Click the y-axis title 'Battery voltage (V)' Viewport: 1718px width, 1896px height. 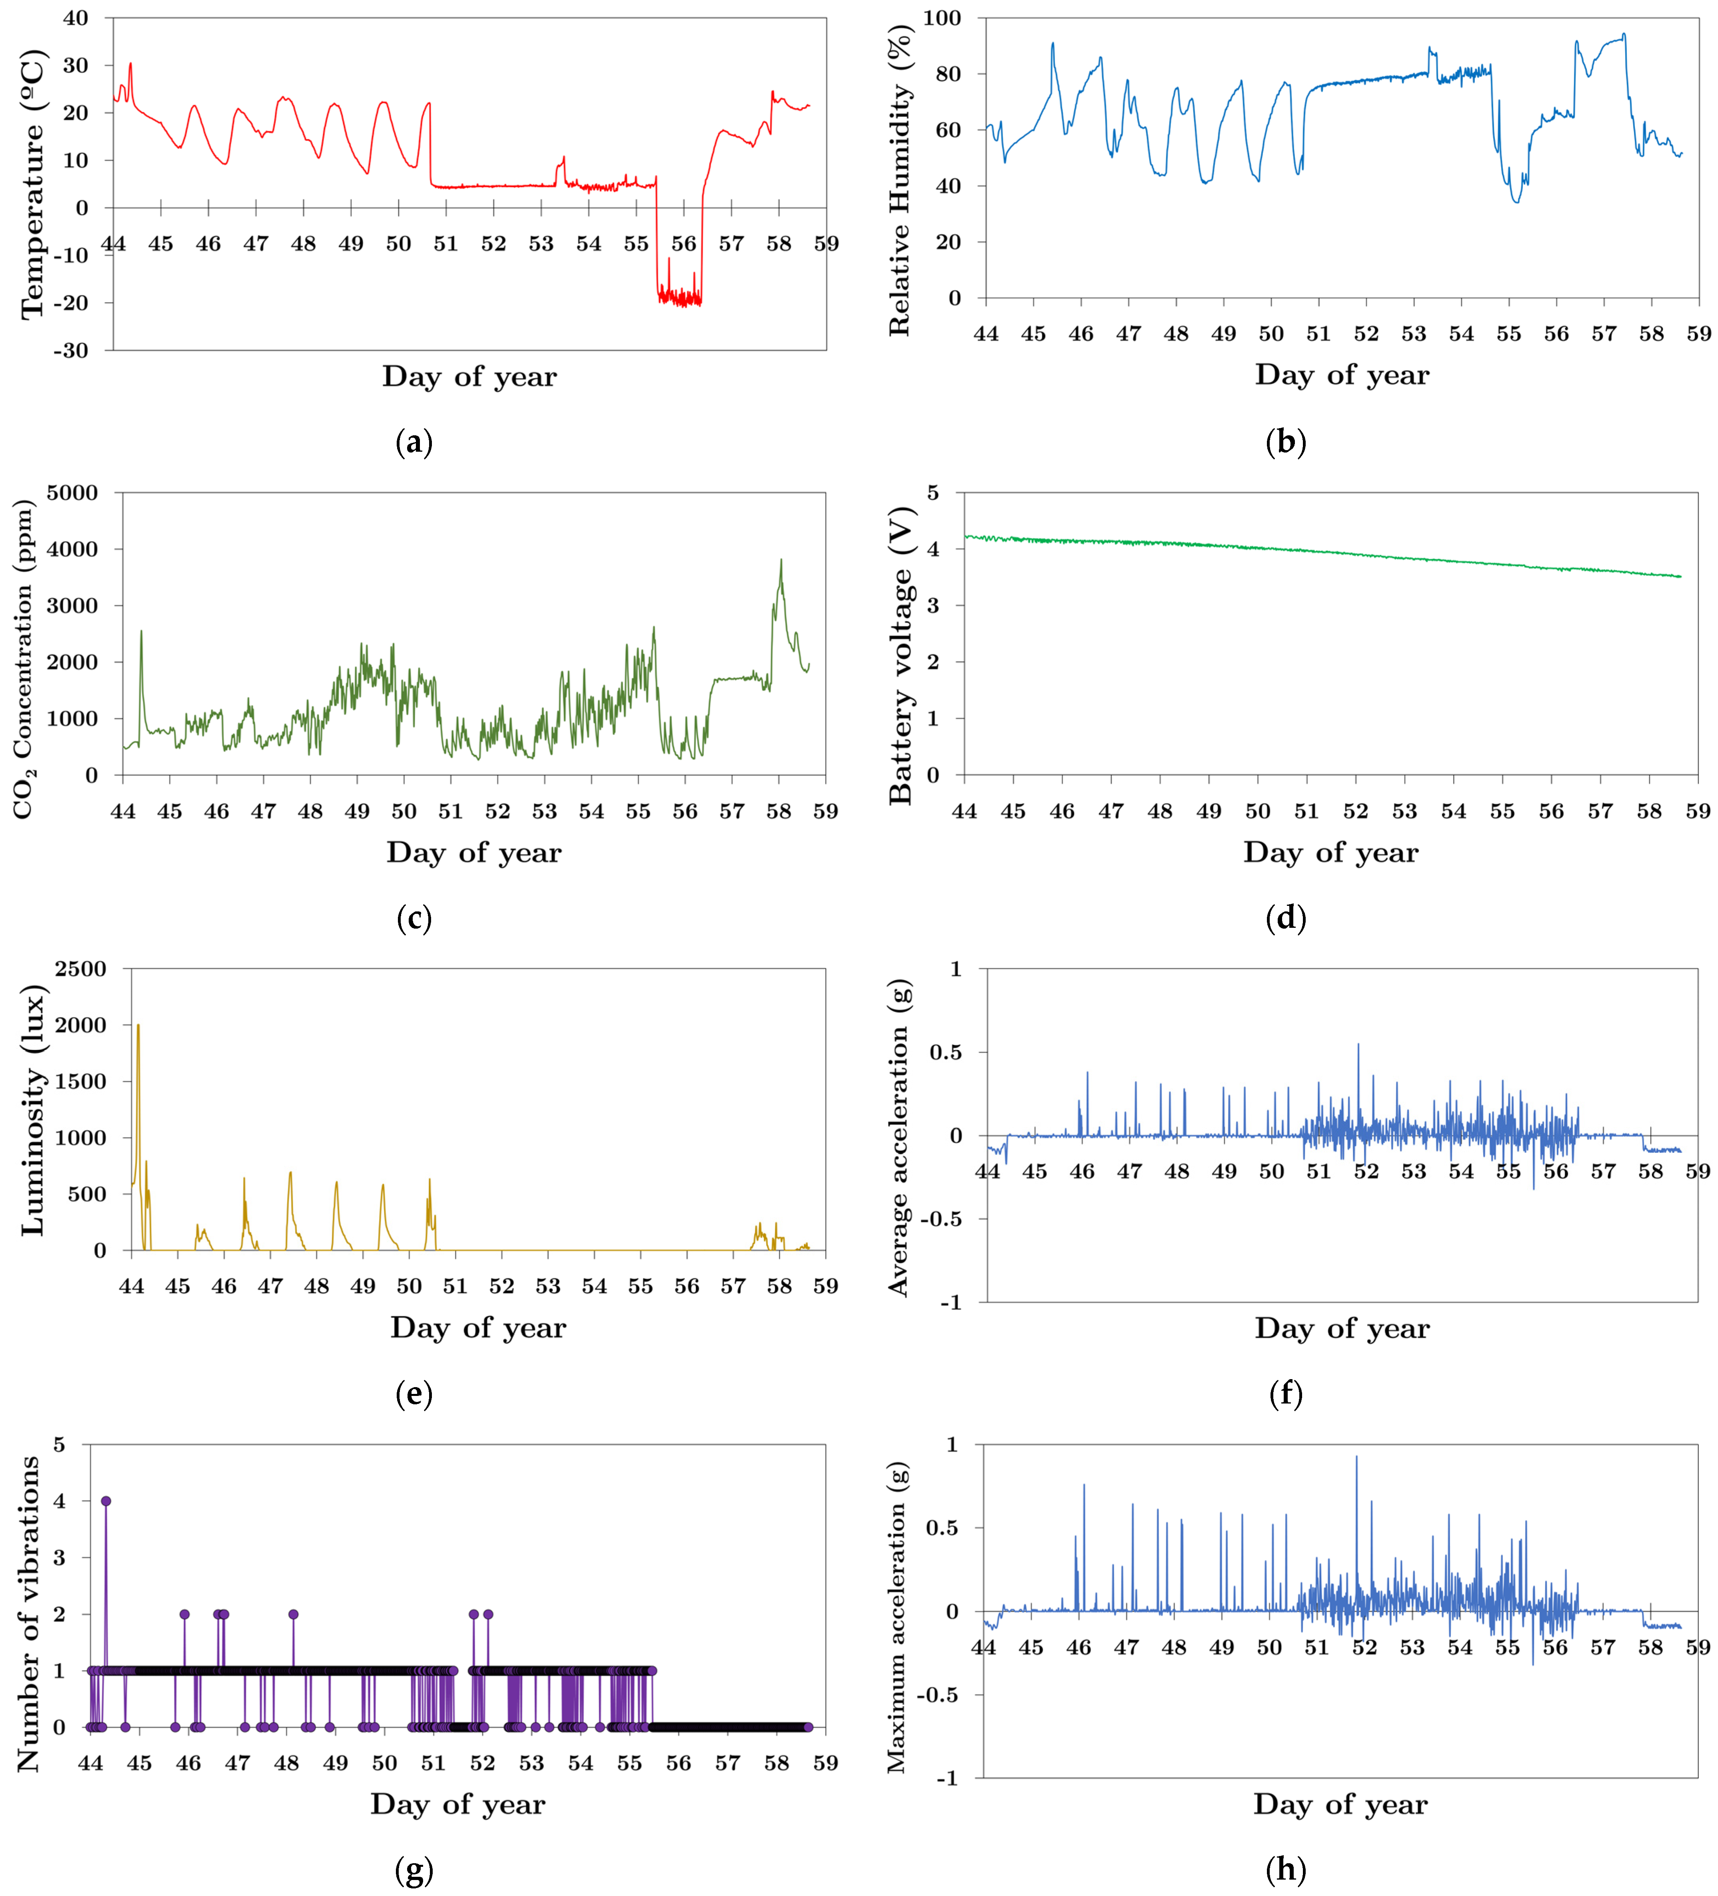[901, 656]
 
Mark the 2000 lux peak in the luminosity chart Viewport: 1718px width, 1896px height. [138, 1025]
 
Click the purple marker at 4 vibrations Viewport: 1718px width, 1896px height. [106, 1501]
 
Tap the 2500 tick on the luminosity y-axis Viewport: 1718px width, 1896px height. [81, 969]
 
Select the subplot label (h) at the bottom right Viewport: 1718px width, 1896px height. [1285, 1870]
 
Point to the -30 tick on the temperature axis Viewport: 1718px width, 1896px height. [70, 351]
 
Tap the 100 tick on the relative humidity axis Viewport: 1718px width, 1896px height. [942, 18]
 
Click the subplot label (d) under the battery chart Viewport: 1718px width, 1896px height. [1285, 917]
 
